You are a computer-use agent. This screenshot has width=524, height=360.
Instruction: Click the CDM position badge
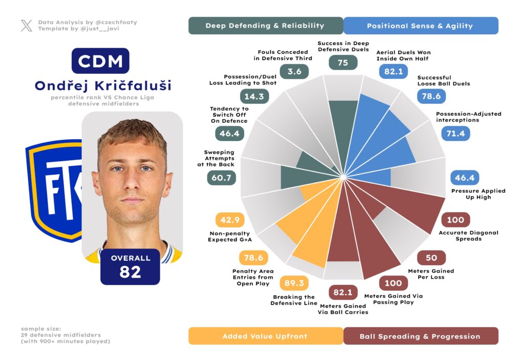[100, 61]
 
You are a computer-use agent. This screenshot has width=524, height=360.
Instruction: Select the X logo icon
[27, 26]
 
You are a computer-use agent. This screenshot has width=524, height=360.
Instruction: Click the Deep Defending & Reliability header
[265, 26]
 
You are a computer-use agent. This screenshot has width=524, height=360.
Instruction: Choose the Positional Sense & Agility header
[421, 26]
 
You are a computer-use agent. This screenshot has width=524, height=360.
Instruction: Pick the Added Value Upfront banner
[265, 336]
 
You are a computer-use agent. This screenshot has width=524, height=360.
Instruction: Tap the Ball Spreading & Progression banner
[420, 336]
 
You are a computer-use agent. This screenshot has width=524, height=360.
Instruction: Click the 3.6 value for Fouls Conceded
[294, 71]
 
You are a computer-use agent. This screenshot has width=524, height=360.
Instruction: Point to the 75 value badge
[343, 62]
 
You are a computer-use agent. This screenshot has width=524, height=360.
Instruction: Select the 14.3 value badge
[254, 96]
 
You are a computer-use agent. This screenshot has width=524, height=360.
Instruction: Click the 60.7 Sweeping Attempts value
[221, 178]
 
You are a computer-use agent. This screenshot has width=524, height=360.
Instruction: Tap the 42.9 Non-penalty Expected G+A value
[230, 220]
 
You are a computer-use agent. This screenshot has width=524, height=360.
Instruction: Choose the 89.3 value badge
[294, 283]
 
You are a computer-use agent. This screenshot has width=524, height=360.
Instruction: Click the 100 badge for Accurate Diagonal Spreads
[455, 220]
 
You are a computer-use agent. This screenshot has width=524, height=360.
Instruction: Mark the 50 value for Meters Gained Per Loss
[431, 258]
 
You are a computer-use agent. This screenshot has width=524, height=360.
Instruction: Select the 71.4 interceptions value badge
[455, 134]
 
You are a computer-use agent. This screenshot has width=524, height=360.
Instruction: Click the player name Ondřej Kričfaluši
[103, 86]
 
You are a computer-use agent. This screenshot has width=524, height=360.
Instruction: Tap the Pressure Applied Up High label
[478, 194]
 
